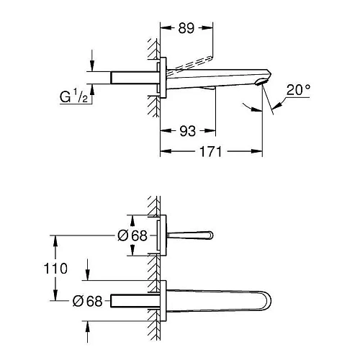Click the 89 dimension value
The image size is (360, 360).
186,28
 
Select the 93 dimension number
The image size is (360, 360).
188,131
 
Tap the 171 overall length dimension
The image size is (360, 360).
210,151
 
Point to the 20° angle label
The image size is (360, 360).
298,90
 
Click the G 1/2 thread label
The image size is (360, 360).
73,96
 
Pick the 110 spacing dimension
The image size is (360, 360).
55,268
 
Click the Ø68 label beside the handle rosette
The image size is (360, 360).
132,235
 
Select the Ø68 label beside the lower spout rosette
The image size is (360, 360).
87,301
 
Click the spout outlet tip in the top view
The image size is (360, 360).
261,82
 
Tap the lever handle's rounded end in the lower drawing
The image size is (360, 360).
210,235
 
